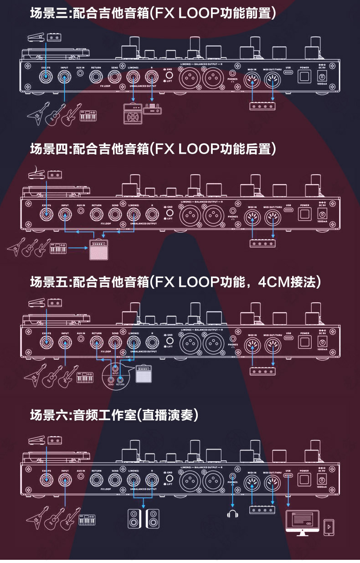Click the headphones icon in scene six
point(233,514)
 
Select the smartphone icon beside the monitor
point(329,527)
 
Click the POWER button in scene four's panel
point(304,213)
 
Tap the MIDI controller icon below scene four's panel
point(262,243)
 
